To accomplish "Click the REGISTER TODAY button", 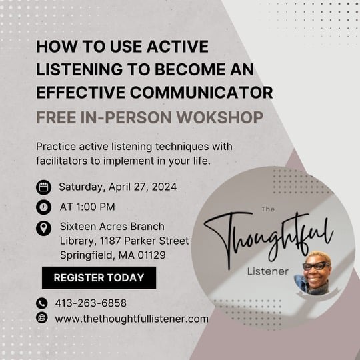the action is tap(99, 277).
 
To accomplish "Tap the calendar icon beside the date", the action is tap(43, 187).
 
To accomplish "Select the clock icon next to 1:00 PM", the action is tap(43, 207).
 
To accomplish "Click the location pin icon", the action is tap(43, 229).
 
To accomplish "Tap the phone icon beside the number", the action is tap(42, 303).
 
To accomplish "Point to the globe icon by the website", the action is tap(42, 318).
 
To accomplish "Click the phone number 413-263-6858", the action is tap(91, 303).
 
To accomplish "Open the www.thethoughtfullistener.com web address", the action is tap(132, 319).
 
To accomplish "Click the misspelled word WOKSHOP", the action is tap(219, 117).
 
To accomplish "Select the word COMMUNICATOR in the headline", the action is tap(201, 93).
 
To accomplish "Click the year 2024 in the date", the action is tap(164, 187).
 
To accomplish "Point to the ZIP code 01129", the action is tap(151, 255).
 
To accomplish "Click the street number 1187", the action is tap(110, 241).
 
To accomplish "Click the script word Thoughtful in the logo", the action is tap(269, 241).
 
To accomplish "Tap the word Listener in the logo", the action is tap(268, 271).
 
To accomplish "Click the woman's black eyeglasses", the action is tap(317, 266).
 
